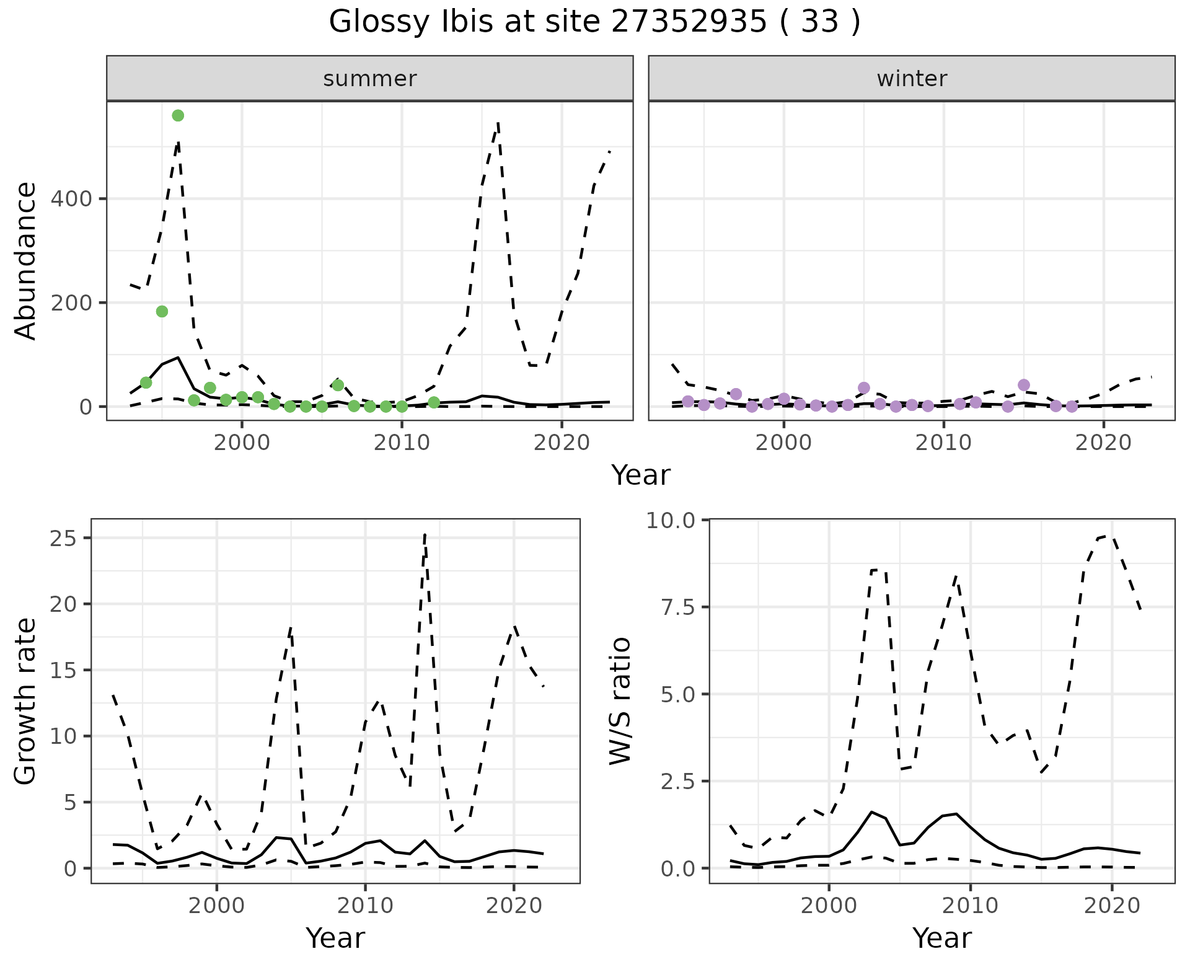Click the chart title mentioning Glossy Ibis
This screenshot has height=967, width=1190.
594,22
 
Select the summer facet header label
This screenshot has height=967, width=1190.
370,79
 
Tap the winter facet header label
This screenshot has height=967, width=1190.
912,79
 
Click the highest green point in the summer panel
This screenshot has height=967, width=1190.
178,116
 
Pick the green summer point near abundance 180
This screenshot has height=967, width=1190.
162,311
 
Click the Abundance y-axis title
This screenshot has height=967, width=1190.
26,261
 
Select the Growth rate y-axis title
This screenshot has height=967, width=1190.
26,701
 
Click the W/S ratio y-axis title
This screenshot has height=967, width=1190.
620,701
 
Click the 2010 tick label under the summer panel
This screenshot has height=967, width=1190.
402,443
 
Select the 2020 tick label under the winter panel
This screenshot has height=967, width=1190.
1103,443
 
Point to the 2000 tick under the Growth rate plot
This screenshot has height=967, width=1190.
216,906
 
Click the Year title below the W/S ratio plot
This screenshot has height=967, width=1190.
941,938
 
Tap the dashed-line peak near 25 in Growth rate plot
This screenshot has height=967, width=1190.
425,534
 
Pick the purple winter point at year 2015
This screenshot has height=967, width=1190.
1024,385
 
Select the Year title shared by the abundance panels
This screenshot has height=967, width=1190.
641,475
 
